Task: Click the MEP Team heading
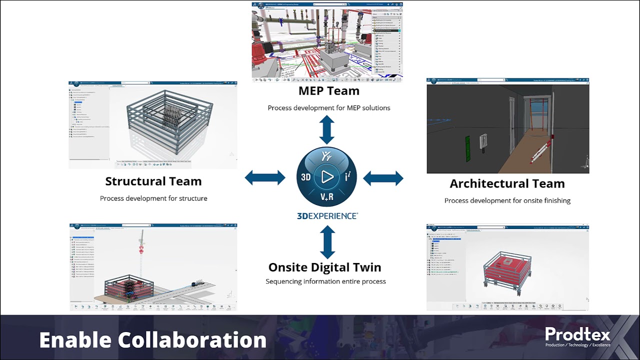tap(328, 91)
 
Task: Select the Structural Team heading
tap(153, 181)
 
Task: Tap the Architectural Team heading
tap(507, 184)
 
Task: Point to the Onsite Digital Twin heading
tap(324, 267)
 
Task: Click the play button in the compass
tap(327, 176)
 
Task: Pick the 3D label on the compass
tap(305, 177)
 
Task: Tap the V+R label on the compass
tap(327, 197)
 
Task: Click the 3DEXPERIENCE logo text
tap(327, 216)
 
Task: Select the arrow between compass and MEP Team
tap(327, 129)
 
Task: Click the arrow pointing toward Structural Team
tap(265, 177)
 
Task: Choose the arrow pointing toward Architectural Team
tap(383, 178)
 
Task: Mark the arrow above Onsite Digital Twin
tap(327, 241)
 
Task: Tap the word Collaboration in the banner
tap(192, 340)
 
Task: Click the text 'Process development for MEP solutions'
tap(328, 108)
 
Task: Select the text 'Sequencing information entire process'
tap(325, 281)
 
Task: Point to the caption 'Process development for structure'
tap(153, 198)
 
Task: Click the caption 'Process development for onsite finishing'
tap(507, 201)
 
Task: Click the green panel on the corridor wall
tap(468, 148)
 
